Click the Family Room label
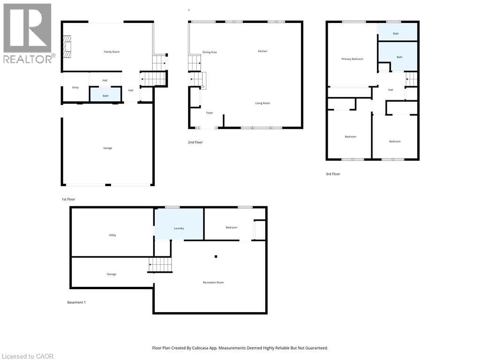coord(112,52)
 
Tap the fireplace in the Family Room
coord(68,47)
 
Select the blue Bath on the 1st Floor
coord(105,95)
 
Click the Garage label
coord(107,148)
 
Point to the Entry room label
coord(75,88)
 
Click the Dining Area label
coord(210,52)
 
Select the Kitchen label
coord(262,51)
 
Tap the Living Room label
coord(262,103)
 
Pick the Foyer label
coord(209,113)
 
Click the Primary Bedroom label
coord(352,59)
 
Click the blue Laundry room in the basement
coord(179,225)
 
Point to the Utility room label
coord(112,235)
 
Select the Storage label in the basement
coord(111,274)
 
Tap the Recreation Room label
coord(213,283)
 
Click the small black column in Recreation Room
coord(216,256)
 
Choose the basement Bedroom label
coord(231,228)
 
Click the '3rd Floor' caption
coord(333,174)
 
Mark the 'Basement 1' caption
coord(76,302)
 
